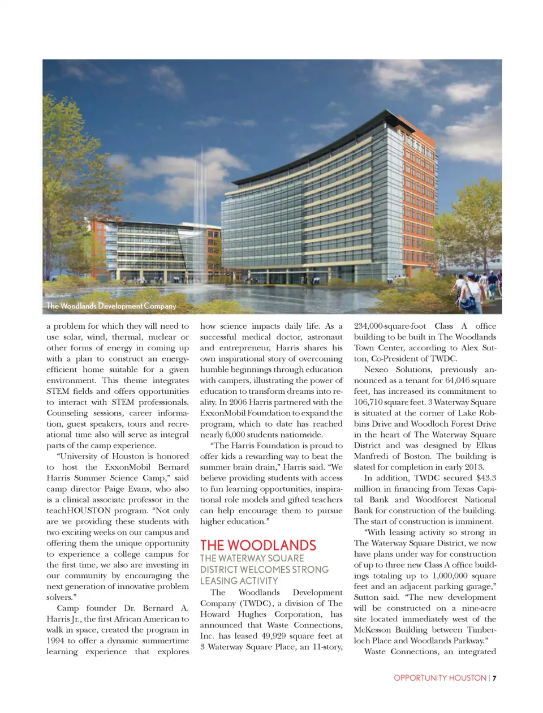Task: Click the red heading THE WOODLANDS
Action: (258, 546)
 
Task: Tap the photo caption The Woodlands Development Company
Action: (111, 306)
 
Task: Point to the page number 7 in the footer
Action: (494, 678)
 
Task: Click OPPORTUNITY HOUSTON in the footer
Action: (440, 678)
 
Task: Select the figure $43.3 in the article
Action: (486, 478)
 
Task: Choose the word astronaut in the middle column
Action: (325, 337)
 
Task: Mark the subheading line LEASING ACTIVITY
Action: (239, 581)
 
